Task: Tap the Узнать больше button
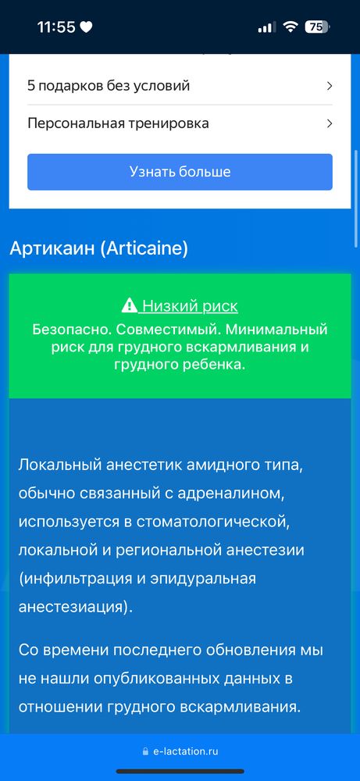coord(180,172)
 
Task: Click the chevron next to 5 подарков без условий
coord(330,86)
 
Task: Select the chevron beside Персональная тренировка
coord(330,123)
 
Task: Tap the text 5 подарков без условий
coord(109,86)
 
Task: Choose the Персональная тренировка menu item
coord(118,123)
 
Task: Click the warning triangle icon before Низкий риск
coord(130,306)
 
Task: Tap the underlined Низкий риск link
coord(190,306)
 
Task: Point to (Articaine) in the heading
coord(144,248)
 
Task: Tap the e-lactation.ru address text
coord(185,751)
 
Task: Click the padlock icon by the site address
coord(145,751)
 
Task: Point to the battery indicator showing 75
coord(315,27)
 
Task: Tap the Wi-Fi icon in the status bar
coord(290,27)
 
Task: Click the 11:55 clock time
coord(55,27)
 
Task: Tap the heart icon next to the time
coord(86,27)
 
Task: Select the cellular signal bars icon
coord(266,27)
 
